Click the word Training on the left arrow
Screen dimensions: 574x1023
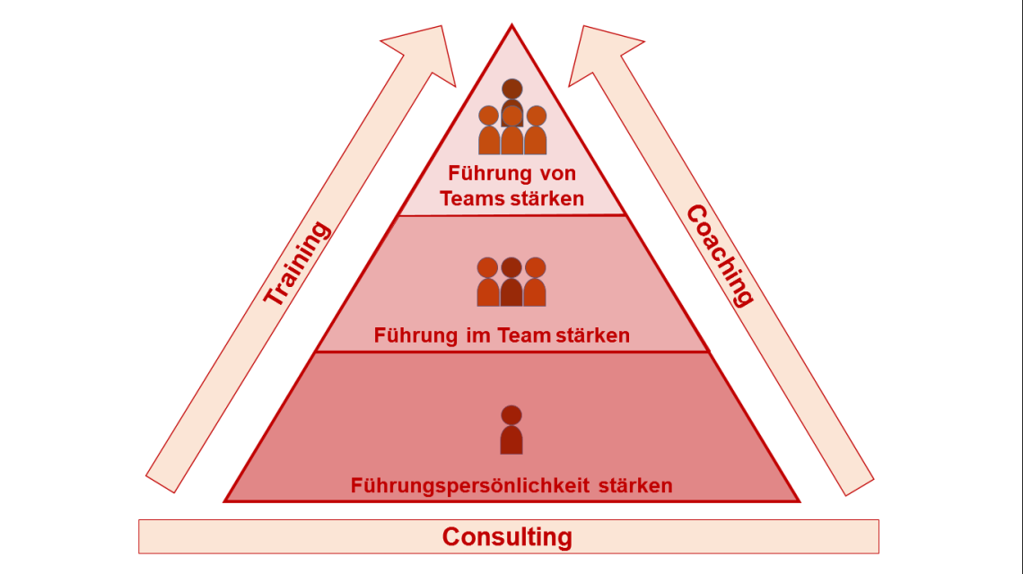point(297,264)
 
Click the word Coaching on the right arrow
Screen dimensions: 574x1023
point(720,256)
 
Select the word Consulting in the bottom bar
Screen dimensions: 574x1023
point(507,536)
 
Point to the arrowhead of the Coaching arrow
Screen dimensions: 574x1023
point(601,53)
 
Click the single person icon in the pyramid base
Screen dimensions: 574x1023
point(511,430)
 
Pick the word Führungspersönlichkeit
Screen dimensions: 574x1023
point(469,486)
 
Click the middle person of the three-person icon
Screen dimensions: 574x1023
point(511,282)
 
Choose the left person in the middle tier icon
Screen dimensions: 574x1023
point(487,282)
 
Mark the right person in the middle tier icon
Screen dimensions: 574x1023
point(535,282)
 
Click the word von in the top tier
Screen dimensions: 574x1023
point(555,174)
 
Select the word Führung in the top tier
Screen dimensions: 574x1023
point(487,174)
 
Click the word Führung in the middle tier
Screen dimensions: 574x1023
point(415,335)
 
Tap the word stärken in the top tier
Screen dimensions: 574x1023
point(546,198)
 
